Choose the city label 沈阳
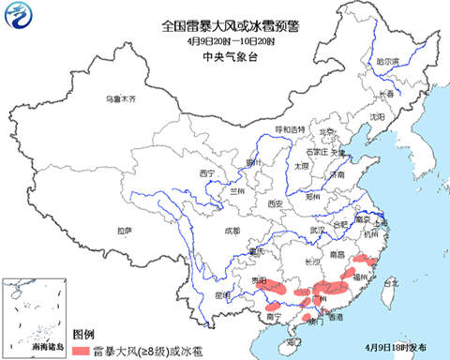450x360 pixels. tap(377, 116)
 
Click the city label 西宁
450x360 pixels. tap(207, 173)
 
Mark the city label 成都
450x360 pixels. tap(232, 230)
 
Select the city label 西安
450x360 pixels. tap(275, 202)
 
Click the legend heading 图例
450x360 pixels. tap(83, 334)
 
